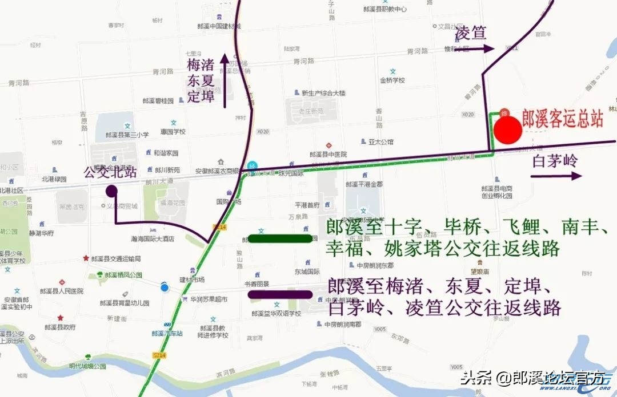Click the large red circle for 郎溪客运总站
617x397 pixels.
click(508, 129)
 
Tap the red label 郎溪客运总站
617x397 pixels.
click(563, 119)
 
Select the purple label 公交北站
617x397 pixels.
click(110, 172)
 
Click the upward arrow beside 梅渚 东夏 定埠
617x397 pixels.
click(225, 80)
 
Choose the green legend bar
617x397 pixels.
click(281, 238)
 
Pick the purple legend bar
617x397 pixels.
click(281, 294)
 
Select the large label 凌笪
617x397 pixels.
click(471, 33)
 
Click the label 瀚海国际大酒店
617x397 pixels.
click(153, 239)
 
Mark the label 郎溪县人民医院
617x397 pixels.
click(62, 291)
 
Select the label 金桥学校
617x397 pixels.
click(392, 80)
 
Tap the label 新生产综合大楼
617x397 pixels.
click(323, 93)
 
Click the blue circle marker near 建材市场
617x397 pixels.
click(165, 287)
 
